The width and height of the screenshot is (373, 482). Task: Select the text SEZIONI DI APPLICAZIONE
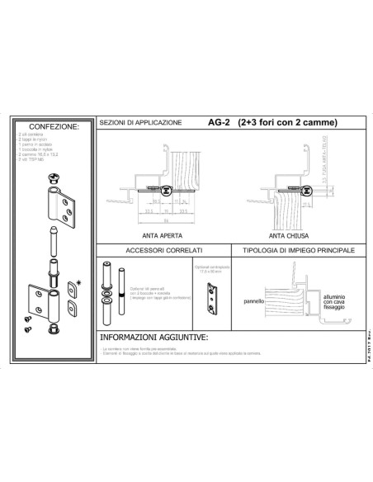coord(140,123)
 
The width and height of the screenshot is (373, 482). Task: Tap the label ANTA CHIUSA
coord(281,232)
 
